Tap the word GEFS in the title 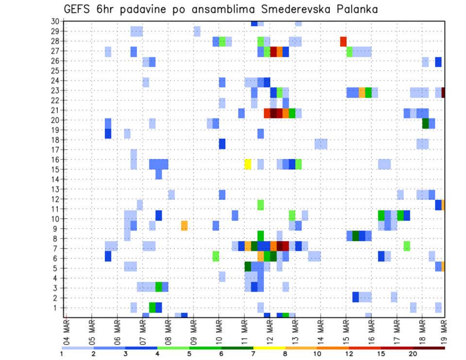click(x=79, y=9)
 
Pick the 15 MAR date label click(x=346, y=329)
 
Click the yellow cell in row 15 click(x=248, y=164)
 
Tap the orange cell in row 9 click(x=184, y=226)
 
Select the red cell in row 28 click(x=343, y=41)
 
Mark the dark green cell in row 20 click(x=425, y=123)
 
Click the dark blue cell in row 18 click(x=222, y=144)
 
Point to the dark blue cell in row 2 click(x=355, y=297)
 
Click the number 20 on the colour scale click(x=413, y=354)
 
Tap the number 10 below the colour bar click(x=317, y=354)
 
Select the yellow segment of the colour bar click(x=269, y=347)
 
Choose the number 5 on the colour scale click(x=189, y=354)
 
